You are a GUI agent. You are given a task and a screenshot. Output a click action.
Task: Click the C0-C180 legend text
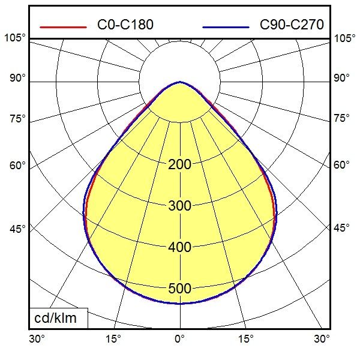click(125, 25)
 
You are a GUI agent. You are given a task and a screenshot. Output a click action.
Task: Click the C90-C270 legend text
click(292, 25)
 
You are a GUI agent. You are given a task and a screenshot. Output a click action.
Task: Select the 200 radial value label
click(179, 165)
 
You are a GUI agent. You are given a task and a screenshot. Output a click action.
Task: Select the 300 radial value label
click(179, 206)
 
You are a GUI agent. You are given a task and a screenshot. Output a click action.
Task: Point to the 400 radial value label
click(179, 247)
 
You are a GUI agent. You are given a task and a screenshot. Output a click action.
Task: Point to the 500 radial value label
click(179, 289)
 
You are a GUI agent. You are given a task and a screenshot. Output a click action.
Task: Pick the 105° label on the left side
click(15, 38)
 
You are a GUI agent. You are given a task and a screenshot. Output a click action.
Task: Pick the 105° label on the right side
click(344, 38)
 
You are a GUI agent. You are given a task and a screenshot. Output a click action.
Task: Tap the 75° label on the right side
click(341, 118)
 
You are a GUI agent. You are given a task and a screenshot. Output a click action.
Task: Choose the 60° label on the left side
click(17, 166)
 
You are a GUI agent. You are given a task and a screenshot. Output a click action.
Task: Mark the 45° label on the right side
click(341, 229)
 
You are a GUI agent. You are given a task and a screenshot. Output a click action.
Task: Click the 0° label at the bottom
click(179, 339)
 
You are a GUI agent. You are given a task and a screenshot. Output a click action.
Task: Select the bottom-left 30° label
click(37, 339)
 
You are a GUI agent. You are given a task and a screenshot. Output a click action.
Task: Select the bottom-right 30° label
click(322, 339)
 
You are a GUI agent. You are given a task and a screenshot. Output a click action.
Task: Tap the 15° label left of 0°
click(113, 339)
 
